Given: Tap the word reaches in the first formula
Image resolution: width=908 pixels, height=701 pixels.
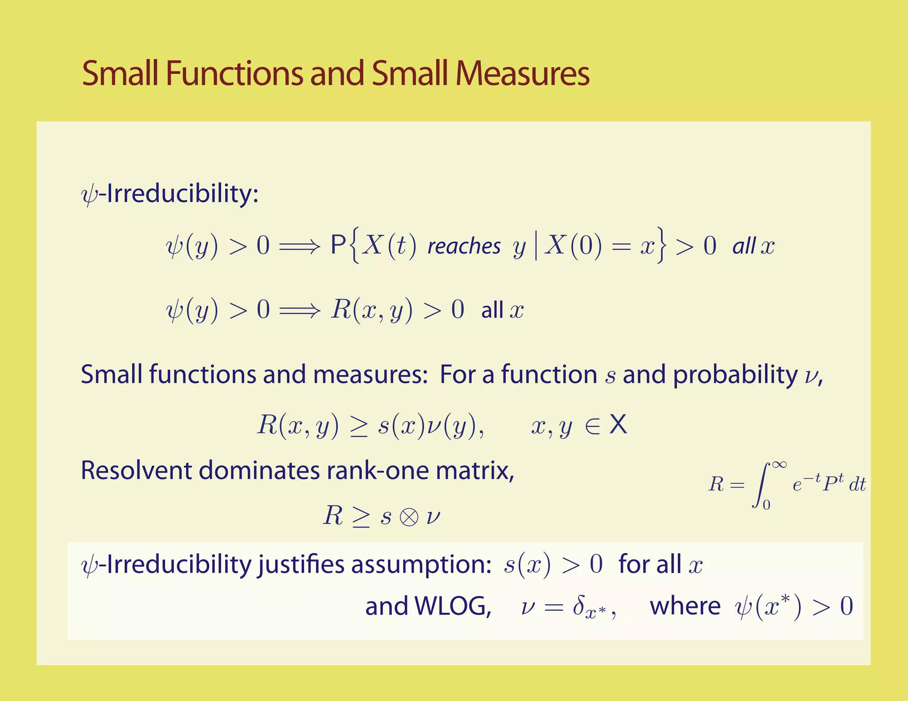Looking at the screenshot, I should [464, 246].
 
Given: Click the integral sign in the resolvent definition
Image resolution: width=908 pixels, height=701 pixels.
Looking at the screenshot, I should [761, 485].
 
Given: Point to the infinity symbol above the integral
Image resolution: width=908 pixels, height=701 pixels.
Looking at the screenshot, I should [779, 465].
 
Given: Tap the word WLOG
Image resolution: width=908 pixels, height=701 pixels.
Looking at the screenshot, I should [452, 606].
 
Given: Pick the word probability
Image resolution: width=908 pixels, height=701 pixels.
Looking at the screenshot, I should [735, 375].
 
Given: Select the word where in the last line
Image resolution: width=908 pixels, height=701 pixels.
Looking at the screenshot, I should [685, 606].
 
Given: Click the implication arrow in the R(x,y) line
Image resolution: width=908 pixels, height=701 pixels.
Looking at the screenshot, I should [299, 310].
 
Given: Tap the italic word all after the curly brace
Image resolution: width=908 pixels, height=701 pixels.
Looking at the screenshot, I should [744, 246].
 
